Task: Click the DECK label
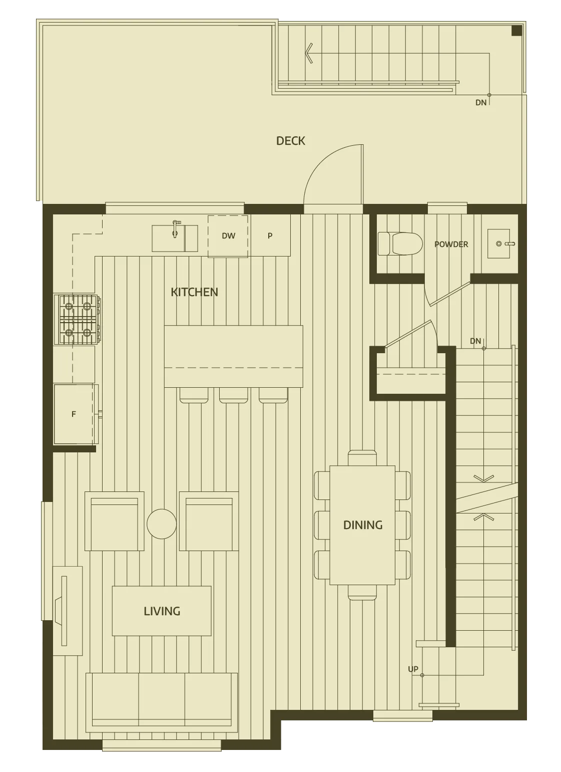290,141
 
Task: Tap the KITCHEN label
194,292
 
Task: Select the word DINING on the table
363,525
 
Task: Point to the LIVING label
162,611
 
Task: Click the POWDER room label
451,244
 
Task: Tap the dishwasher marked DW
228,236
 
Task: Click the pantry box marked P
270,235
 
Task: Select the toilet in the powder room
400,243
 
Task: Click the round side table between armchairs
162,524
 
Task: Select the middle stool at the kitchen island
234,395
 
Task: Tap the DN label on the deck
481,102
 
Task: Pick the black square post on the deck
516,31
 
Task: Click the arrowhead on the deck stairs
309,53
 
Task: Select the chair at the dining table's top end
362,458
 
